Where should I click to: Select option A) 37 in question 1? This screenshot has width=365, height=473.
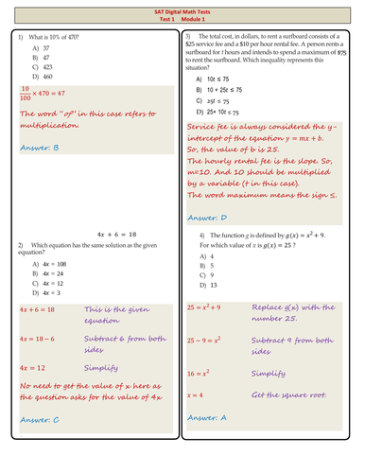[40, 45]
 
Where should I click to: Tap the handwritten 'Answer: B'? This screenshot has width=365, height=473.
[39, 149]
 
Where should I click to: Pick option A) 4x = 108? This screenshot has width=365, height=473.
[49, 263]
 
